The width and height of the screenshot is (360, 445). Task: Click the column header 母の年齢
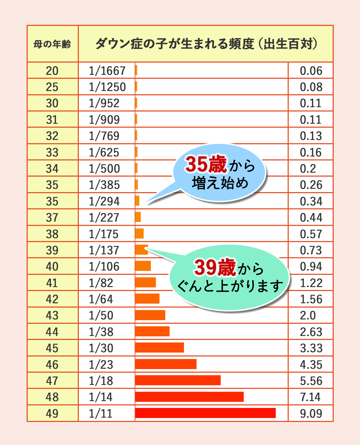coord(52,44)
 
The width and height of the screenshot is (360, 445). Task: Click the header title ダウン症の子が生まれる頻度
coord(175,44)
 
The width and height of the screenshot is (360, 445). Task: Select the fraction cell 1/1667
coord(107,71)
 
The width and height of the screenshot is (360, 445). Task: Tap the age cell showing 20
coord(52,71)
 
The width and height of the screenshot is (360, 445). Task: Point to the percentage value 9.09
coord(311,413)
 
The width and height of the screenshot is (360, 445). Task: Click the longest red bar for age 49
coord(205,413)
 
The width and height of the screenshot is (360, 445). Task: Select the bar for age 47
coord(178,380)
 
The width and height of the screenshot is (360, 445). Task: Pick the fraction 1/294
coord(104,201)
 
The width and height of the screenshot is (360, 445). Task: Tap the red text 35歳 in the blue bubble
coord(206,164)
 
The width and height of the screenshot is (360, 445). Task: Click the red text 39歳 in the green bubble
coord(215,267)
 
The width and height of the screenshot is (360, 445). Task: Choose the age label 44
coord(52,332)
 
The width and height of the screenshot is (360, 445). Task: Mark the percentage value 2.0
coord(308,315)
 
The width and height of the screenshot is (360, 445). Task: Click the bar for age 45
coord(159,348)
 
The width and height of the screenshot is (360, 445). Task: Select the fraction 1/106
coord(104,267)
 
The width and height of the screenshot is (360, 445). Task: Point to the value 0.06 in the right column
coord(311,71)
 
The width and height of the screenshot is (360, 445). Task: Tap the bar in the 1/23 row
coord(166,364)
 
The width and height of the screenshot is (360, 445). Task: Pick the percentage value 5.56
coord(311,381)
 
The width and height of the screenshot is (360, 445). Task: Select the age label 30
coord(52,103)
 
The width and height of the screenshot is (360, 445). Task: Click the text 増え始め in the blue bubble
coord(220,183)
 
